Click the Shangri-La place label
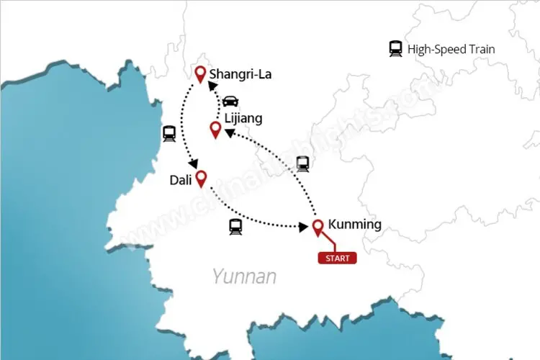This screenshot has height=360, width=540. pyautogui.click(x=240, y=74)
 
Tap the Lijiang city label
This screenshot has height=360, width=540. pyautogui.click(x=243, y=118)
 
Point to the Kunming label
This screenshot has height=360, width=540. pyautogui.click(x=354, y=225)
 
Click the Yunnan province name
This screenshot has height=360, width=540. pyautogui.click(x=244, y=276)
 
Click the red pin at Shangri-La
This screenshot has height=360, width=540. pyautogui.click(x=201, y=73)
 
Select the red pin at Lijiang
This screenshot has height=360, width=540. pyautogui.click(x=215, y=129)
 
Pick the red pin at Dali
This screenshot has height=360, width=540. pyautogui.click(x=202, y=177)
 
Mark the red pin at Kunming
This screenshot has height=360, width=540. pyautogui.click(x=318, y=227)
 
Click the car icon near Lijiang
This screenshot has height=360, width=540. pyautogui.click(x=230, y=100)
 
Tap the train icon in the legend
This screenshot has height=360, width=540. pyautogui.click(x=395, y=49)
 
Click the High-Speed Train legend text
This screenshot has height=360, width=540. pyautogui.click(x=451, y=50)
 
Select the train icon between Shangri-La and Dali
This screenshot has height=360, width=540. pyautogui.click(x=170, y=133)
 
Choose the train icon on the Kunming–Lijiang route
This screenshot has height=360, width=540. pyautogui.click(x=302, y=163)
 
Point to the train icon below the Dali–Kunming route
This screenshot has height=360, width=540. pyautogui.click(x=235, y=227)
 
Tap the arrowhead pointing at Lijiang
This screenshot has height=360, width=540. pyautogui.click(x=229, y=132)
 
